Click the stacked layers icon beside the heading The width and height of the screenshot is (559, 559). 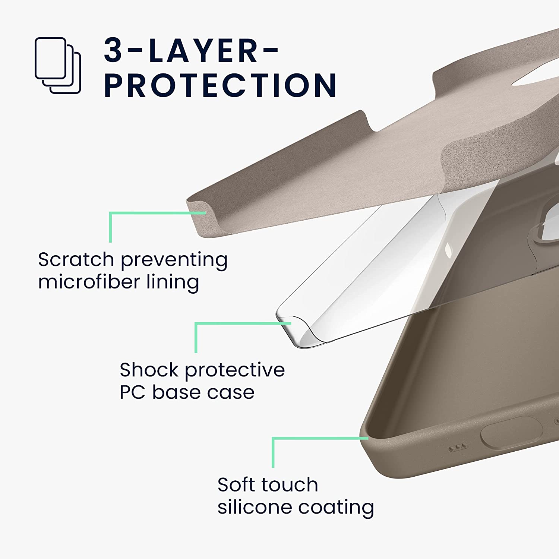click(x=58, y=65)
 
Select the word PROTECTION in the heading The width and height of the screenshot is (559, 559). click(x=220, y=85)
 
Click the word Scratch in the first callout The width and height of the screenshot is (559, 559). click(x=76, y=259)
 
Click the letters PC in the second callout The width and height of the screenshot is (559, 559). click(x=132, y=392)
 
